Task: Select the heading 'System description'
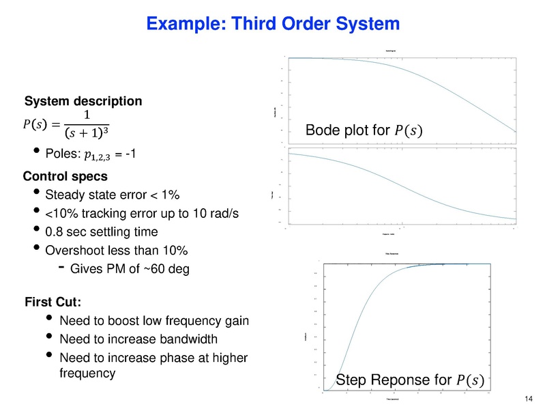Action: click(x=83, y=102)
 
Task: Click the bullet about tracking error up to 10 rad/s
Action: click(x=141, y=214)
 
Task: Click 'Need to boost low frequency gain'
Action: click(x=155, y=321)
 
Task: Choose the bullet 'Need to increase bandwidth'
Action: click(x=138, y=339)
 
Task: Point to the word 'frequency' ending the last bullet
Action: click(x=87, y=373)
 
